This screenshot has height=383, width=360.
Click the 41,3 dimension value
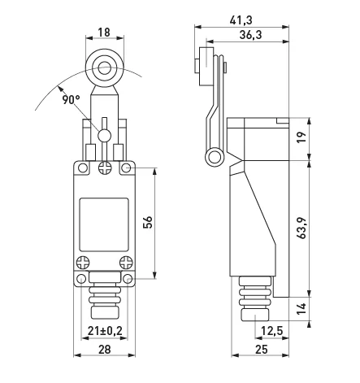click(x=241, y=20)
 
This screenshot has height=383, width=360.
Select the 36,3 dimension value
click(x=250, y=35)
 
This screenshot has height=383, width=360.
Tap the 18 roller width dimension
click(x=104, y=33)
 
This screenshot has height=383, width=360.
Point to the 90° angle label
click(x=72, y=99)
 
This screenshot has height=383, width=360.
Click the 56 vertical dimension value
click(x=148, y=222)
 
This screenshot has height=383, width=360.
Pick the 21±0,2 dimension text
click(x=105, y=331)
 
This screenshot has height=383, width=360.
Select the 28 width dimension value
click(x=104, y=350)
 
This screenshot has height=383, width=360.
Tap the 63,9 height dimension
click(x=301, y=228)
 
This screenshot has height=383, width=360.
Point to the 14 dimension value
click(x=301, y=309)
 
